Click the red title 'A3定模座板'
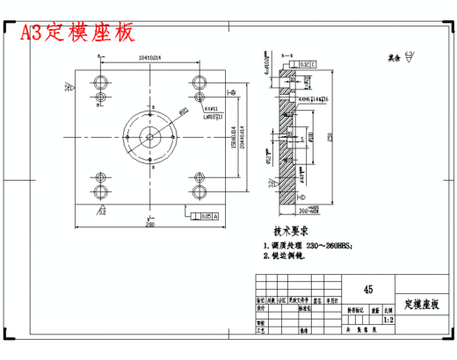(78, 32)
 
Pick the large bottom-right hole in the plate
(198, 192)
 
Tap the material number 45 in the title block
(367, 289)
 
